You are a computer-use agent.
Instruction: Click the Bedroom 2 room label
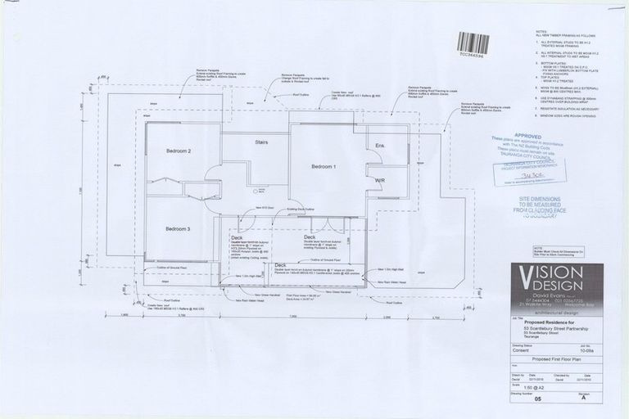(x=179, y=151)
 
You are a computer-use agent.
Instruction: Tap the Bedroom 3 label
(x=178, y=228)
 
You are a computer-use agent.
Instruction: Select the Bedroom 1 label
(x=324, y=167)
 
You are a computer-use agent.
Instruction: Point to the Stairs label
(x=261, y=142)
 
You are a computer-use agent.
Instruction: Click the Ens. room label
(x=380, y=146)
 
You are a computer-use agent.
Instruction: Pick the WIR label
(x=380, y=180)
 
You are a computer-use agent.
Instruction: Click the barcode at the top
(x=473, y=43)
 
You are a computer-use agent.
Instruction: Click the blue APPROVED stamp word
(x=527, y=135)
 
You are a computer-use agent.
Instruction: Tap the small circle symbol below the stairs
(x=256, y=191)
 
